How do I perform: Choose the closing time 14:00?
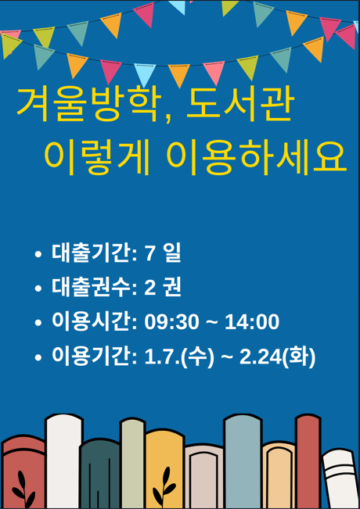pos(252,322)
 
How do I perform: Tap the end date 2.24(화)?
pos(278,357)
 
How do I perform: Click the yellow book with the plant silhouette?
pos(165,469)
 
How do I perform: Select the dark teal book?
pos(99,474)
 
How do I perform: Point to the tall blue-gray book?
pos(243,461)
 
